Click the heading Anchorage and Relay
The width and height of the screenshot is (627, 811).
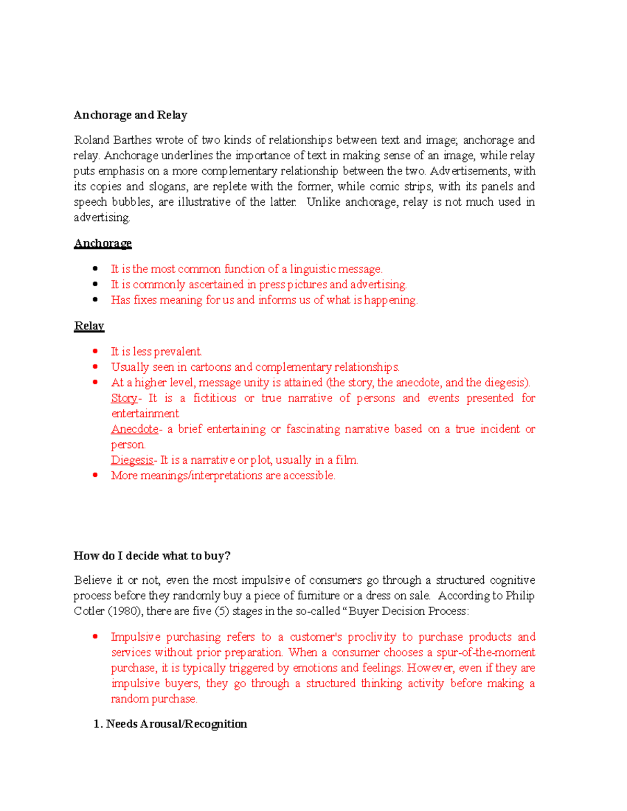click(x=130, y=115)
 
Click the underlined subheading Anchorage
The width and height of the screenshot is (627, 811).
click(x=102, y=243)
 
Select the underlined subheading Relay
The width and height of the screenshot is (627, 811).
click(x=89, y=326)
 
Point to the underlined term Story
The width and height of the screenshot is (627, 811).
click(x=124, y=398)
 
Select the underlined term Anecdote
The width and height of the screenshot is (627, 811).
click(x=135, y=429)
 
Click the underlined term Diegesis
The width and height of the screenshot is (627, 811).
click(x=132, y=460)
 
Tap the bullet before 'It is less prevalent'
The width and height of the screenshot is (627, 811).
click(x=95, y=351)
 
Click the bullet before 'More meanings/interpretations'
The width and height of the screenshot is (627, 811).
click(x=95, y=475)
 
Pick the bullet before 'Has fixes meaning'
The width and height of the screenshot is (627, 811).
click(x=95, y=300)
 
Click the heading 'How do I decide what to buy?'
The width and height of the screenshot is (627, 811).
click(x=152, y=556)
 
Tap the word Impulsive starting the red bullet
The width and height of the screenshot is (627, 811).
click(x=136, y=637)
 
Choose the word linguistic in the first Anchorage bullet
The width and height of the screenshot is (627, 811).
click(x=312, y=269)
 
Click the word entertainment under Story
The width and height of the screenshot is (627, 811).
click(x=145, y=414)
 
